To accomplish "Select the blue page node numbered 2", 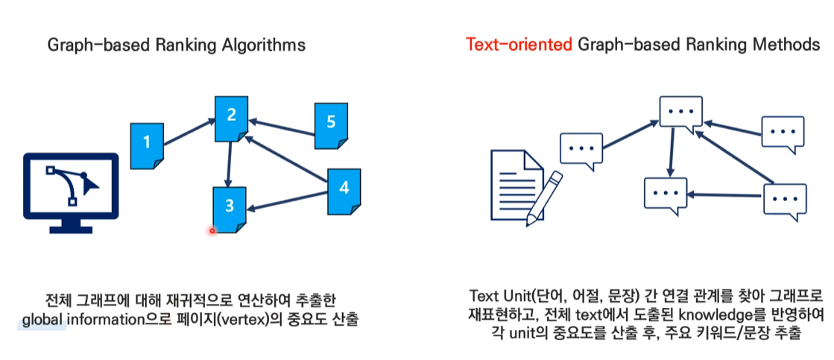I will coord(232,118).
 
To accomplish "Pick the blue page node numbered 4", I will coord(344,190).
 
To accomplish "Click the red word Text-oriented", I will coord(519,45).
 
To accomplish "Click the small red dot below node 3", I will coord(212,230).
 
